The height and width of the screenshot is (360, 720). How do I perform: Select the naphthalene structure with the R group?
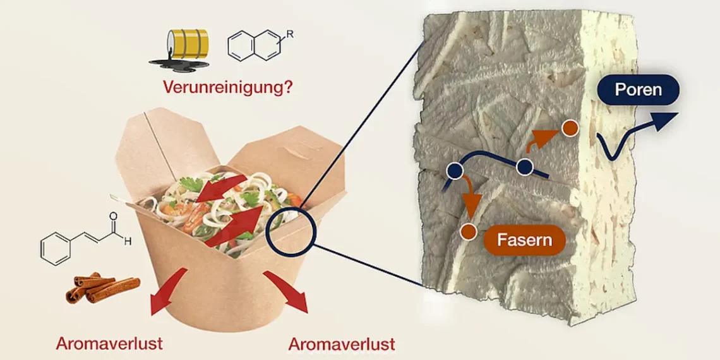pyautogui.click(x=256, y=47)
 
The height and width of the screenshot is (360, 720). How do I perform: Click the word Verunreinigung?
pyautogui.click(x=227, y=87)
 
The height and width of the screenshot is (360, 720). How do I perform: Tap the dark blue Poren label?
pyautogui.click(x=638, y=90)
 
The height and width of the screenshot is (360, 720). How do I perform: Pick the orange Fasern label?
pyautogui.click(x=524, y=240)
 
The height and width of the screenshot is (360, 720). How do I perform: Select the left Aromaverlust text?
pyautogui.click(x=109, y=344)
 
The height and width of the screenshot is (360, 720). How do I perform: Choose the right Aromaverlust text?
pyautogui.click(x=342, y=344)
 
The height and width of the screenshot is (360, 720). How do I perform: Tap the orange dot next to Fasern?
pyautogui.click(x=468, y=231)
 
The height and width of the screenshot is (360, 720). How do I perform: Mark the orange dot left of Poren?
pyautogui.click(x=570, y=128)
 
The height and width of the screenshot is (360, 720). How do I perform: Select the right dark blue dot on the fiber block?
pyautogui.click(x=525, y=167)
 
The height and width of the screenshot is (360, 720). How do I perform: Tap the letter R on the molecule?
pyautogui.click(x=290, y=35)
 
